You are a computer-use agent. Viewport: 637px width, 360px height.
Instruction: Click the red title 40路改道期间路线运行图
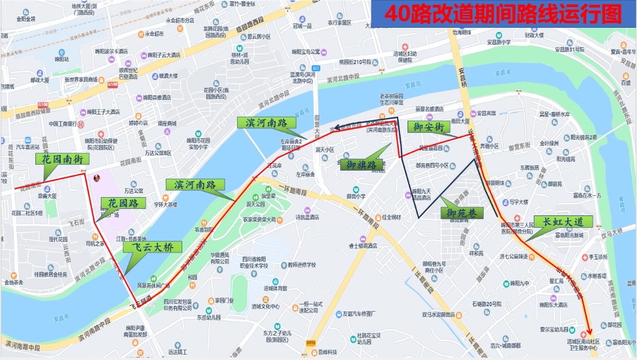point(503,13)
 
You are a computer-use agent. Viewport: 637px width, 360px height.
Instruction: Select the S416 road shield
point(311,343)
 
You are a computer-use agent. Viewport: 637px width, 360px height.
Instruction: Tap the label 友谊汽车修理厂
point(359,313)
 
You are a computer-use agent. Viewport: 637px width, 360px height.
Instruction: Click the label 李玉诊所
point(597,257)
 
